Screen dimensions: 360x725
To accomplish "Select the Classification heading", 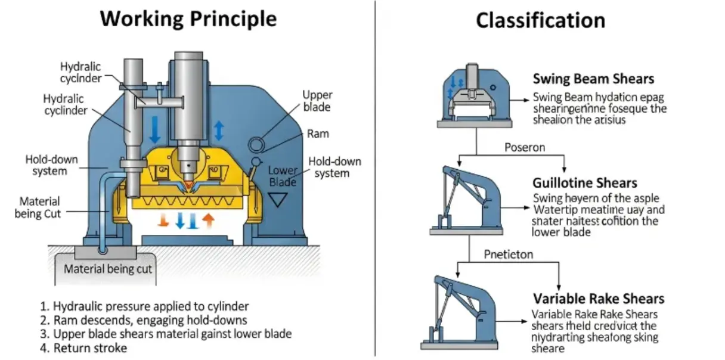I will click(540, 21).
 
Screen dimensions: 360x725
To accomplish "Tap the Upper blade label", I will click(317, 101).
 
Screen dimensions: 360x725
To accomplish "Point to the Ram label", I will click(318, 134).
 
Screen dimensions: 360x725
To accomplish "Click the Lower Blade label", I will click(283, 176).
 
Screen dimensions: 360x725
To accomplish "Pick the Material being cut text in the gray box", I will click(108, 269).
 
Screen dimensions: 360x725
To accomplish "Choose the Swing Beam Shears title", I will click(593, 79).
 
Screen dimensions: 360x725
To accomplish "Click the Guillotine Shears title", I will click(585, 183).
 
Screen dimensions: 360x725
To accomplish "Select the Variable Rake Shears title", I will click(599, 299).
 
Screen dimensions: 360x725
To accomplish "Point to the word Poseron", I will click(525, 147).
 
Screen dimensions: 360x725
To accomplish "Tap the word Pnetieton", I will click(509, 255).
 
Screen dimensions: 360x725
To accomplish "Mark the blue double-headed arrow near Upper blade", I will click(219, 130).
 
